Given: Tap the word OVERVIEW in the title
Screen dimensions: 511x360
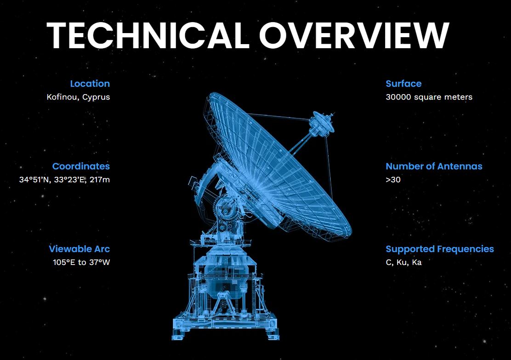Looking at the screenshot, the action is pos(354,35).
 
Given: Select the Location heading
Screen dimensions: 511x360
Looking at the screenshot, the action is pos(90,84).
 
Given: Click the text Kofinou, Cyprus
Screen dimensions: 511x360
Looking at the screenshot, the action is pos(78,97).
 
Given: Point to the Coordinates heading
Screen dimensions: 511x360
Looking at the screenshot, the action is pos(81,166).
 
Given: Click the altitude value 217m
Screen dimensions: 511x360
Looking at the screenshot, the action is pos(100,180).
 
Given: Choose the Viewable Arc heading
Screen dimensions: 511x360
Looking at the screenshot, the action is pos(79,249).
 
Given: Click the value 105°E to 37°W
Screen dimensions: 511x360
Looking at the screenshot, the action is pos(81,262).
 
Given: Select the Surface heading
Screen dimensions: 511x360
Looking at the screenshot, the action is pos(403,84).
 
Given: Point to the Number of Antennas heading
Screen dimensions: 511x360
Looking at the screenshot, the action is pos(434,166).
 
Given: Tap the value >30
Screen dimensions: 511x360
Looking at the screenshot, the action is pos(393,180).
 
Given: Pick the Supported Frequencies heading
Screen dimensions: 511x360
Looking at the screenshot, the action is pos(440,249).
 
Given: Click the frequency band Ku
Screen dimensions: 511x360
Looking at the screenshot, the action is pos(402,262).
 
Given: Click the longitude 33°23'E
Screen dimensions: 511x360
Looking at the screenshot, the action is pos(70,180).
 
